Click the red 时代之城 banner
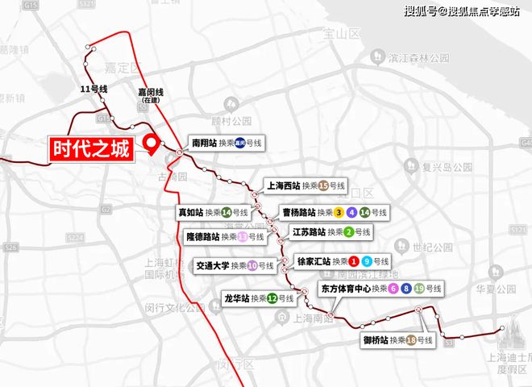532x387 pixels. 90,149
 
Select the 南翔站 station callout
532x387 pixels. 226,143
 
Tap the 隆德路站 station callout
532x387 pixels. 225,237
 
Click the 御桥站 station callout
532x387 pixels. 398,340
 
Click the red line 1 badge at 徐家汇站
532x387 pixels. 353,261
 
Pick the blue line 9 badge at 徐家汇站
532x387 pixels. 367,261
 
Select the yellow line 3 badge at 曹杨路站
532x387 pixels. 339,213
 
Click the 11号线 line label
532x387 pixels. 94,89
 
